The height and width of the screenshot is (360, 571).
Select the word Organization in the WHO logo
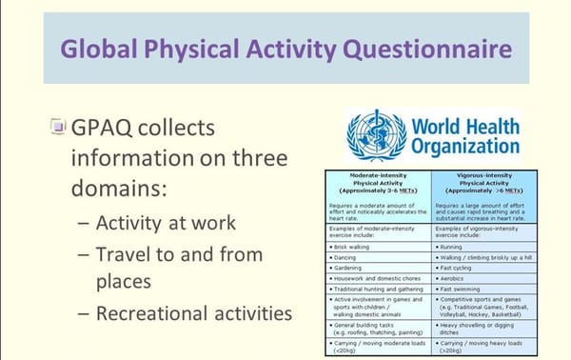point(466,147)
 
